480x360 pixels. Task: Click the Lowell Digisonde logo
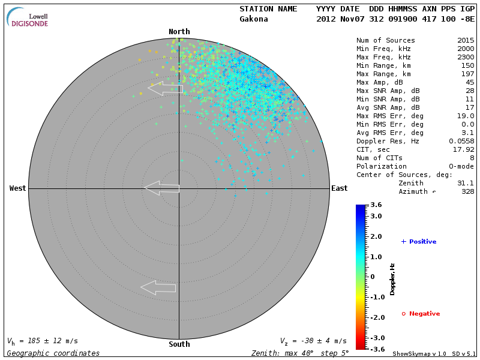click(29, 17)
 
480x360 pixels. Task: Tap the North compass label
click(179, 31)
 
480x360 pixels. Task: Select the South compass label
click(179, 344)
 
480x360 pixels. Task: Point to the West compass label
click(17, 188)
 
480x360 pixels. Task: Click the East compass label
click(339, 188)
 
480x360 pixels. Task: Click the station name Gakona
click(254, 19)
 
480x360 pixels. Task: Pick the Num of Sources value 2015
click(466, 40)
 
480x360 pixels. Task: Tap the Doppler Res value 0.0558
click(461, 141)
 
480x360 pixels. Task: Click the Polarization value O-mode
click(460, 166)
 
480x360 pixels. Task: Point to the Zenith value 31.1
click(466, 183)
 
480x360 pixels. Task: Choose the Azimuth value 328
click(467, 191)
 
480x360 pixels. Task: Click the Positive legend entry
click(419, 241)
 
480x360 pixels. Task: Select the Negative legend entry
click(421, 313)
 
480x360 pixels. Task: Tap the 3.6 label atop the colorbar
click(376, 205)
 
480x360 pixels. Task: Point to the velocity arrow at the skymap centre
click(161, 188)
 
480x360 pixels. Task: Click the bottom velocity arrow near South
click(158, 287)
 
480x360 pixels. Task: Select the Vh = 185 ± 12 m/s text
click(43, 341)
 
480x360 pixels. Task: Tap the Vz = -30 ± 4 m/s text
click(313, 341)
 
